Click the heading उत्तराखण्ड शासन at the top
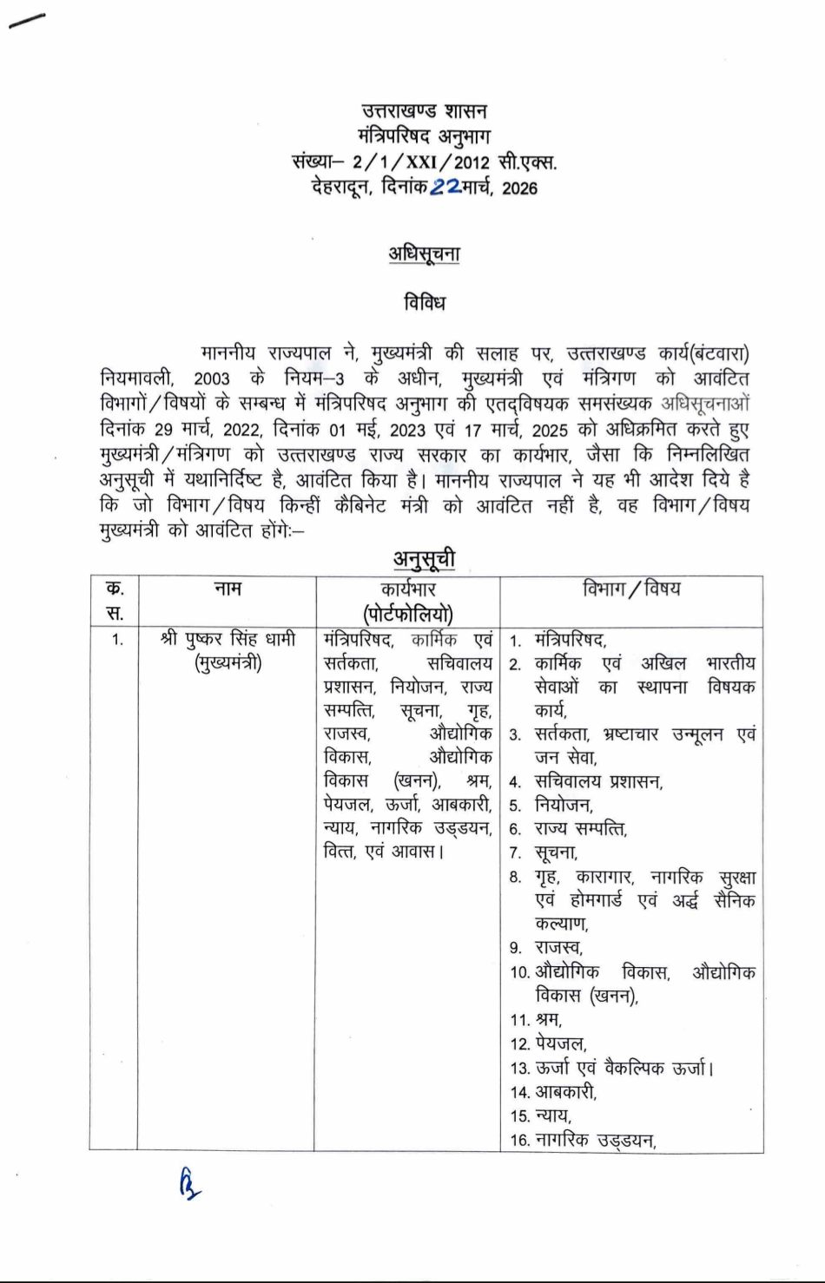click(425, 111)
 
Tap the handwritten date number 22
click(446, 187)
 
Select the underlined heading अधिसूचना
click(424, 253)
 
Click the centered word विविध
click(424, 303)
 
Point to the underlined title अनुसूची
click(424, 558)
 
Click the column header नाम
click(227, 589)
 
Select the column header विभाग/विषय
click(631, 589)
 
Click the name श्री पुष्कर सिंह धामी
click(228, 639)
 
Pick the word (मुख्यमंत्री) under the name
click(228, 663)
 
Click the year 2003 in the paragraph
click(212, 378)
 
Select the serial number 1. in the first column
click(117, 640)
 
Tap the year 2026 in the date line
click(519, 188)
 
